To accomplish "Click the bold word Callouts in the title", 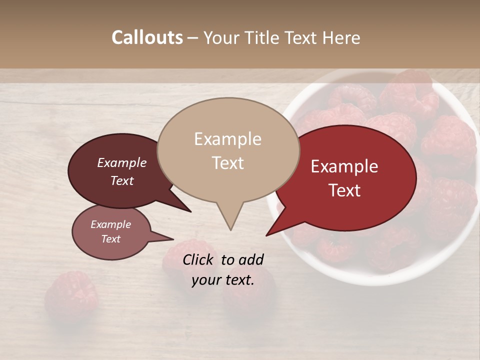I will (147, 37).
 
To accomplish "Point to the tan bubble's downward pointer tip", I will (230, 229).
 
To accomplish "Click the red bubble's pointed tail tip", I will (266, 235).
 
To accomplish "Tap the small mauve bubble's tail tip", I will (173, 238).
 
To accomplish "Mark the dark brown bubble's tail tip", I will (190, 211).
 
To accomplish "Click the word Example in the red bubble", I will (344, 166).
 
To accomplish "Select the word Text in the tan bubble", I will (228, 163).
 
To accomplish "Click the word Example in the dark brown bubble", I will (121, 162).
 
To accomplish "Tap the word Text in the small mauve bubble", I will (111, 239).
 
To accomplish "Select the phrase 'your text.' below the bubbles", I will (222, 280).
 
